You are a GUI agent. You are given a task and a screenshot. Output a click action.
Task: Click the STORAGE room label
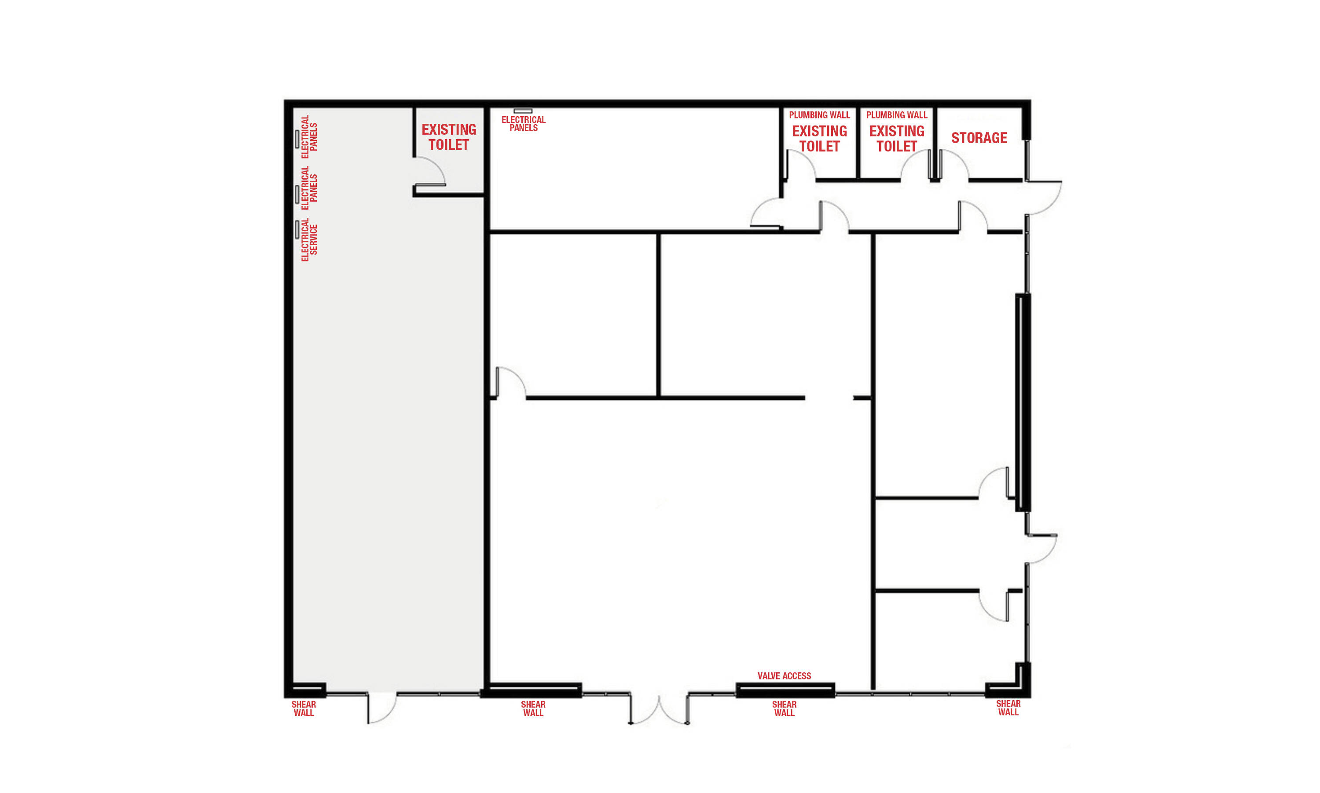pyautogui.click(x=979, y=138)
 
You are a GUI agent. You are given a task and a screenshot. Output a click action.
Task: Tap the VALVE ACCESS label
pyautogui.click(x=784, y=676)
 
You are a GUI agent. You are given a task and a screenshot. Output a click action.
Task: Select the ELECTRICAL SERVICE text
pyautogui.click(x=309, y=240)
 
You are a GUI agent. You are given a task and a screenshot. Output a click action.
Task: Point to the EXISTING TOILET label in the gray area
pyautogui.click(x=448, y=137)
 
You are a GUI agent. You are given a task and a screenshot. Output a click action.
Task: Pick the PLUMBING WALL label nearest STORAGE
pyautogui.click(x=897, y=115)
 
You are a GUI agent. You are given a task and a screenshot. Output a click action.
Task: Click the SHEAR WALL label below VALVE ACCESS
pyautogui.click(x=784, y=708)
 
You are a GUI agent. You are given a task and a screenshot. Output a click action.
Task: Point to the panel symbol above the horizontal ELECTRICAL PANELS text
pyautogui.click(x=523, y=111)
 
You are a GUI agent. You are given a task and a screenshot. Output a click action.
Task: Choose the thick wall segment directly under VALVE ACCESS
pyautogui.click(x=785, y=690)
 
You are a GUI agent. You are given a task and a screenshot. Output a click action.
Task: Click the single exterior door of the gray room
pyautogui.click(x=382, y=708)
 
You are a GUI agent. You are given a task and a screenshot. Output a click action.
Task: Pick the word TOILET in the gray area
pyautogui.click(x=448, y=145)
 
